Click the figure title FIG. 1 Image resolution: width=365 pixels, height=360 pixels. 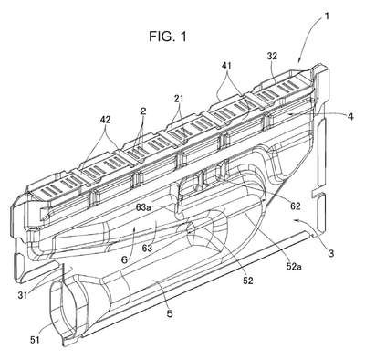pos(168,37)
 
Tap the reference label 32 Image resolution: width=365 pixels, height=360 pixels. pos(273,57)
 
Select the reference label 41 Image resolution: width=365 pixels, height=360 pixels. pos(226,65)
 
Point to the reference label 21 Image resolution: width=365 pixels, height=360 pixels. pos(180,99)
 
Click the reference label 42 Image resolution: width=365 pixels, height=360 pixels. pos(105,120)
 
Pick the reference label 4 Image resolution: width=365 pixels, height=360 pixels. pos(350,116)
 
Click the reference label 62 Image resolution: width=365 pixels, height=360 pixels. pos(295,206)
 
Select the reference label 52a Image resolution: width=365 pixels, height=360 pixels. pos(294,267)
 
